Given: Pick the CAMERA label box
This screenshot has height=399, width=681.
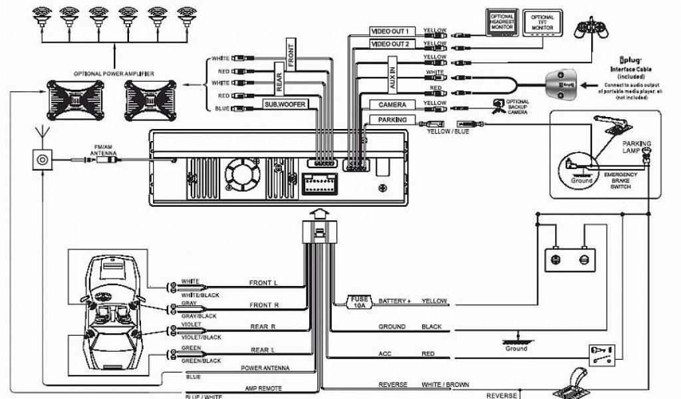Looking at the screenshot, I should (x=392, y=105).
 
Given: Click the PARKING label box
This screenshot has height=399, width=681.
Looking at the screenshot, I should (x=392, y=120).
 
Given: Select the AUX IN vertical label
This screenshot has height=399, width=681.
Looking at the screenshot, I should (x=392, y=77).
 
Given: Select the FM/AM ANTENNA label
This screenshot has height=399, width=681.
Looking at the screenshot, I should (x=104, y=152).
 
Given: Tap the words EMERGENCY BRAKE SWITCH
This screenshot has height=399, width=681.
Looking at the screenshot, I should (x=620, y=180).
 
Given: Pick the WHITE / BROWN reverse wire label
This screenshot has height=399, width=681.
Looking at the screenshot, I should (x=445, y=385).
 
